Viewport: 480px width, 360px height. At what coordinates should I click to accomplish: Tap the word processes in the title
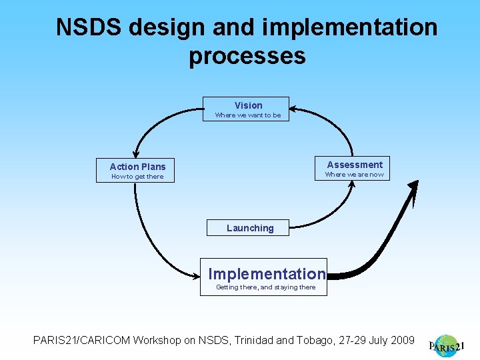pyautogui.click(x=247, y=55)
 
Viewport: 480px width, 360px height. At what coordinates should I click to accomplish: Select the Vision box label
pyautogui.click(x=248, y=105)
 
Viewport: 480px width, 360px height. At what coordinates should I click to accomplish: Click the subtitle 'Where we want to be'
pyautogui.click(x=247, y=115)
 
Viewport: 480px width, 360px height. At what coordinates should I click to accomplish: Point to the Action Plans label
pyautogui.click(x=137, y=167)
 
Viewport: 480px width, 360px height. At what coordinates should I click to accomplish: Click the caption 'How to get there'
pyautogui.click(x=137, y=177)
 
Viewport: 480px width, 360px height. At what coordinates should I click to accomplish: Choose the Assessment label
pyautogui.click(x=355, y=165)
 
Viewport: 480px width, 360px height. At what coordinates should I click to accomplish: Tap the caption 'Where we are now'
pyautogui.click(x=354, y=175)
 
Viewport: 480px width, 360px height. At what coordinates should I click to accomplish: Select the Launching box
pyautogui.click(x=249, y=228)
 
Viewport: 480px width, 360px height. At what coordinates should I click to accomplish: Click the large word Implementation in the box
pyautogui.click(x=267, y=274)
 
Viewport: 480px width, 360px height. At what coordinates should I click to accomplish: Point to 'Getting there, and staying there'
pyautogui.click(x=265, y=287)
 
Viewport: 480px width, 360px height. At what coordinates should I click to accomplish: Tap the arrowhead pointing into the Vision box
pyautogui.click(x=295, y=107)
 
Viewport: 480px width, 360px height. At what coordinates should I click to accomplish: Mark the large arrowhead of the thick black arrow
pyautogui.click(x=413, y=191)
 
